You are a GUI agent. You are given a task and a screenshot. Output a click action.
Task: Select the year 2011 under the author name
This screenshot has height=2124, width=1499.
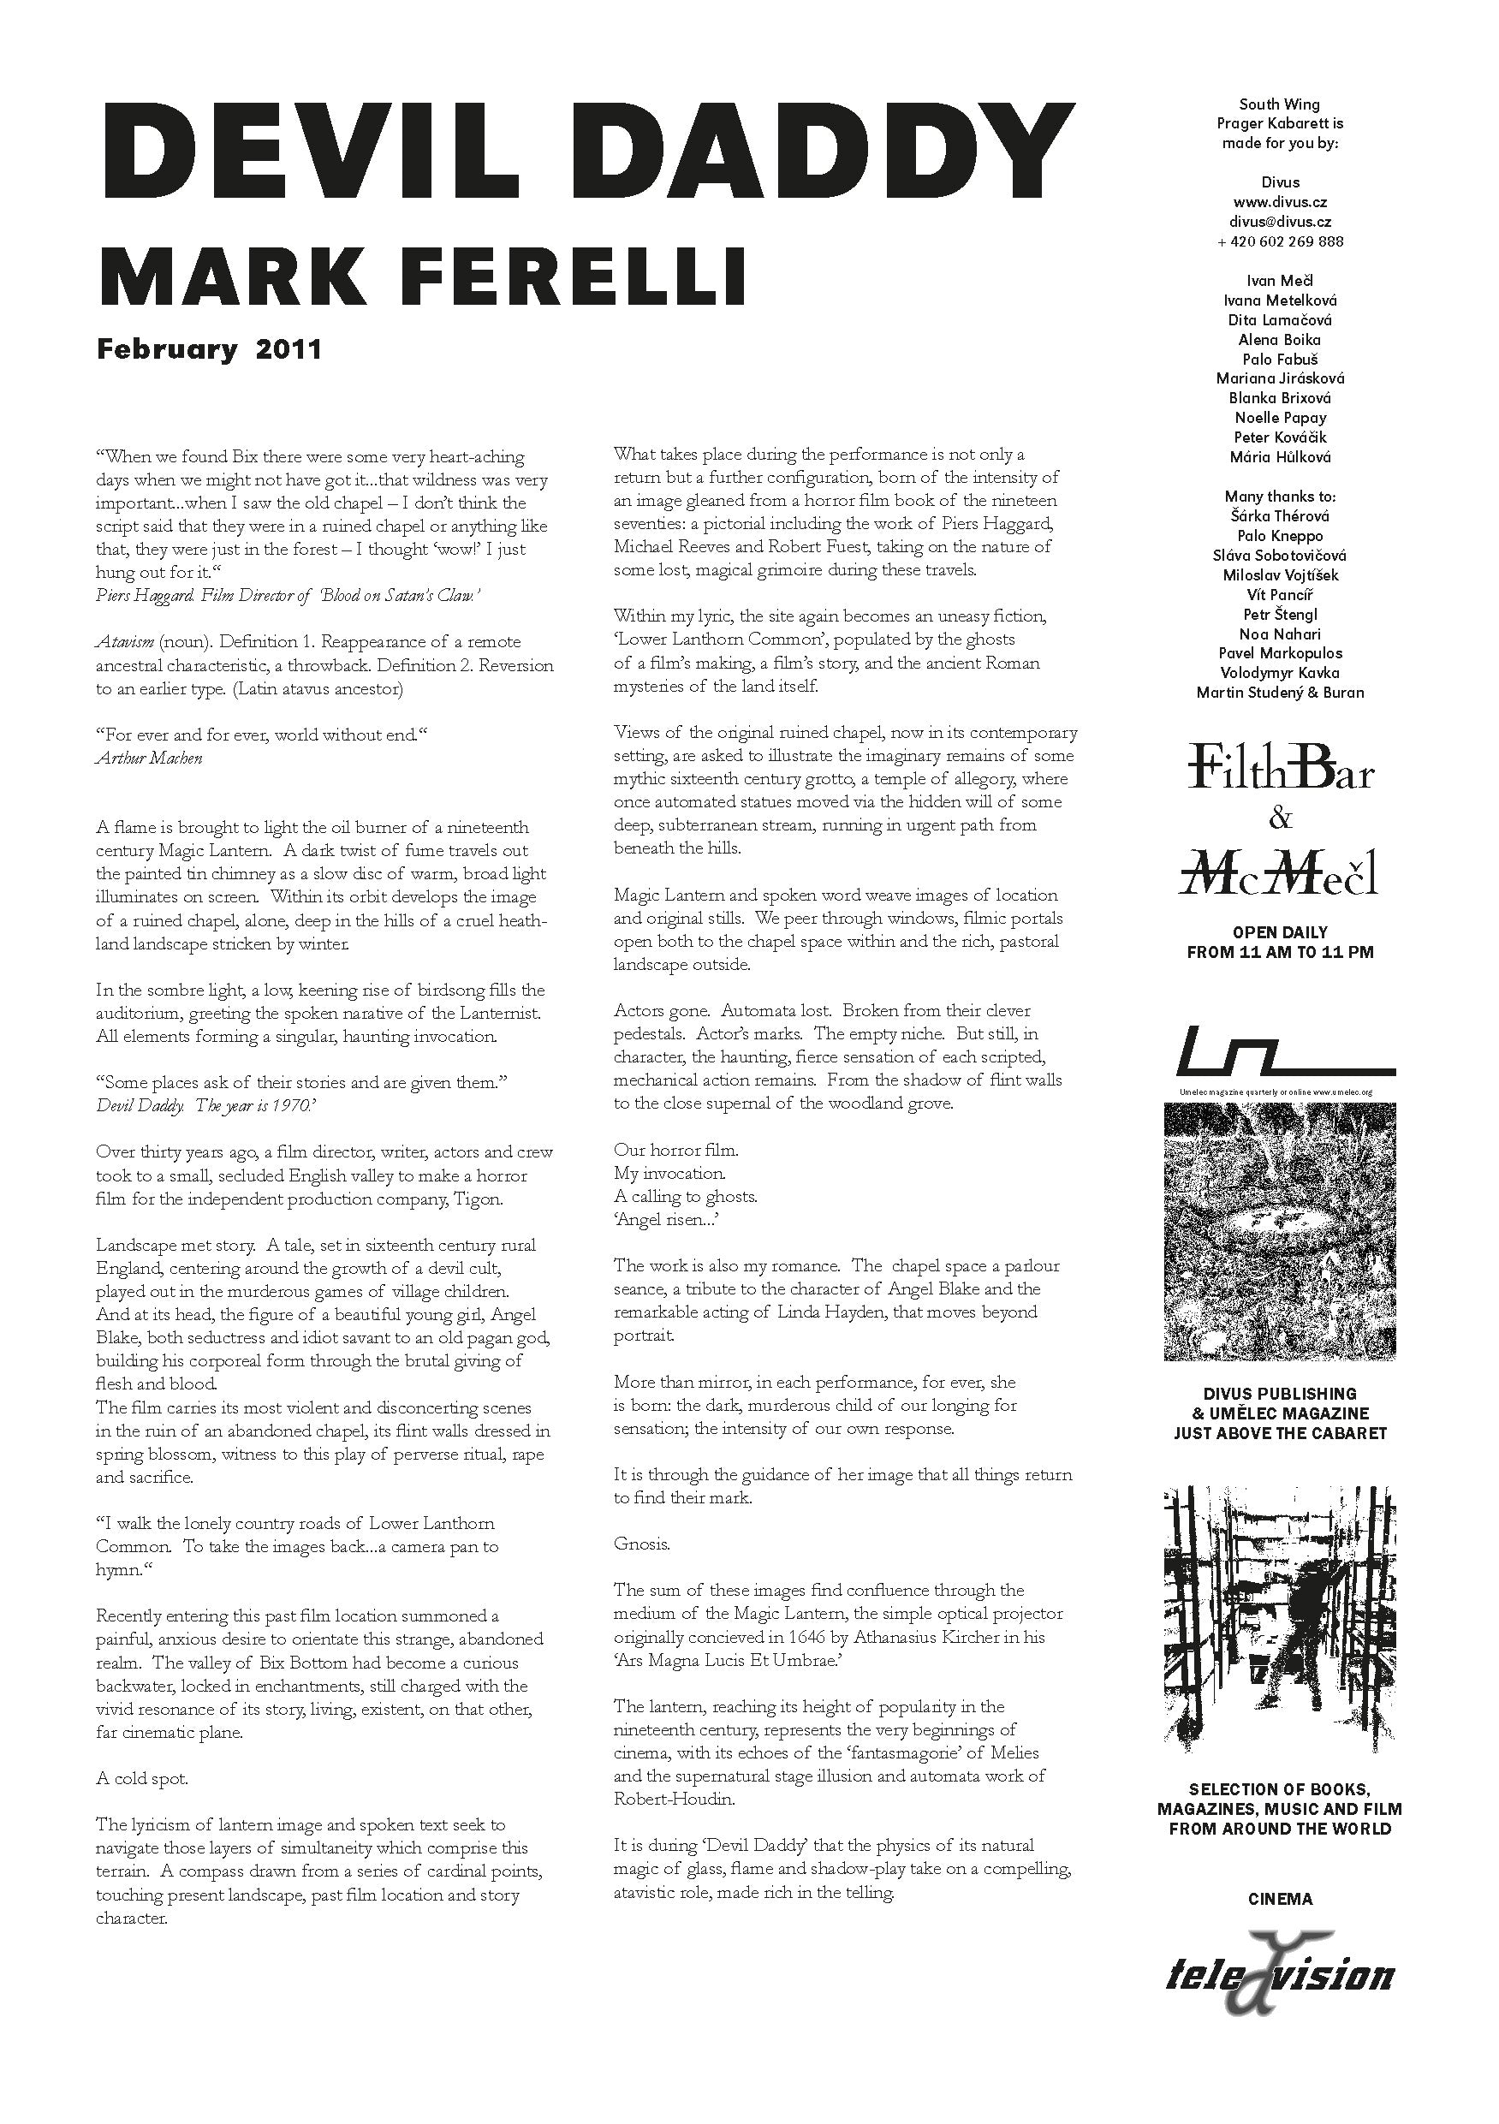(288, 349)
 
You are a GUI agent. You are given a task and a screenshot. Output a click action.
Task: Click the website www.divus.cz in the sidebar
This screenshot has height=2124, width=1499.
(1280, 202)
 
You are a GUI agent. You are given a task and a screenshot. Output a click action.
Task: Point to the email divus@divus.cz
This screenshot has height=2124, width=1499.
(1280, 221)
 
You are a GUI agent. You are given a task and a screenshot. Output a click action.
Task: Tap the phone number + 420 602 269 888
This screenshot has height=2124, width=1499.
(1280, 241)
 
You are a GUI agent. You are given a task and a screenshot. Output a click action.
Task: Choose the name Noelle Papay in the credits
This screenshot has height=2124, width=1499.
(1280, 417)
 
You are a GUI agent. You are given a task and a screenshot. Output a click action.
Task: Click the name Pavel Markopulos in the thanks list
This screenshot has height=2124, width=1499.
(1280, 653)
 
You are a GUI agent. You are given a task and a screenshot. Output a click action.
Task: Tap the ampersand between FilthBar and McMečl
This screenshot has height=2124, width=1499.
(1281, 818)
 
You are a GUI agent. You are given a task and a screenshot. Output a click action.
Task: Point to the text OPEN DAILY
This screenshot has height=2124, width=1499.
(1280, 931)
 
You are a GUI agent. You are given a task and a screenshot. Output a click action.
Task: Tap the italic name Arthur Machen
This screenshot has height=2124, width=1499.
(149, 759)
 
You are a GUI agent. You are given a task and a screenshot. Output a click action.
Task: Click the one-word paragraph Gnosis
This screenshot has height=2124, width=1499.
(641, 1544)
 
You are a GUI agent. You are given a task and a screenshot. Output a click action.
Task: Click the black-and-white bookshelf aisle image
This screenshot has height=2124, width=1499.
(1280, 1619)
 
